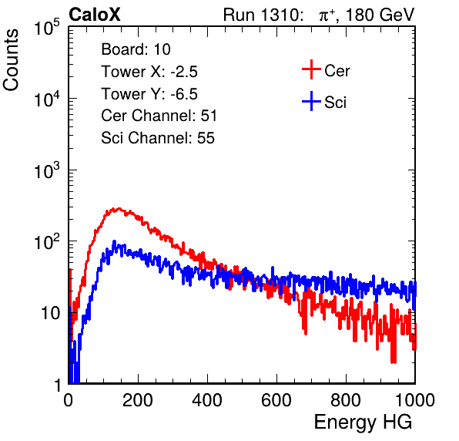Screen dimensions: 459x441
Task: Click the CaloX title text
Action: pyautogui.click(x=95, y=15)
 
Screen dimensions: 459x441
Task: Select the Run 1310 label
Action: pyautogui.click(x=263, y=15)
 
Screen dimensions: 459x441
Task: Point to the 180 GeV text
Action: pyautogui.click(x=380, y=15)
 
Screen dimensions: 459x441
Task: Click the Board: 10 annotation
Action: pyautogui.click(x=136, y=49)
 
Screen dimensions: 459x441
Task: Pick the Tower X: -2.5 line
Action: pyautogui.click(x=149, y=72)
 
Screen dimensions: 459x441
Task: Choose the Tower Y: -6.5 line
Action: pyautogui.click(x=149, y=94)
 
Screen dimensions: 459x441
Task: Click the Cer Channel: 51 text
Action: pyautogui.click(x=159, y=116)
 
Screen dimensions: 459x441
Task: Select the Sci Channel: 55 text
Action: pyautogui.click(x=158, y=138)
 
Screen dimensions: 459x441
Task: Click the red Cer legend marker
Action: pyautogui.click(x=311, y=69)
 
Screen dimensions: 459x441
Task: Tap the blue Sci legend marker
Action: pyautogui.click(x=311, y=102)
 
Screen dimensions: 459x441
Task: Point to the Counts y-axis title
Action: pyautogui.click(x=11, y=60)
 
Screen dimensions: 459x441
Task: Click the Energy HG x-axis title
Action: pyautogui.click(x=363, y=422)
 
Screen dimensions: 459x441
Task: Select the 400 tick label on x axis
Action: pyautogui.click(x=207, y=400)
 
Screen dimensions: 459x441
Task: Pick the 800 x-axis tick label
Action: pyautogui.click(x=346, y=400)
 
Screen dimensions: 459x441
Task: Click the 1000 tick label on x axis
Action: pyautogui.click(x=415, y=400)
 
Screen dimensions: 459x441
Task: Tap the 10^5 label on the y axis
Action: pyautogui.click(x=47, y=27)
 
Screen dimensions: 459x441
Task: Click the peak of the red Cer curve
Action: pyautogui.click(x=119, y=209)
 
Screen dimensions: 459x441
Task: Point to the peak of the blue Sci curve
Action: pyautogui.click(x=115, y=241)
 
